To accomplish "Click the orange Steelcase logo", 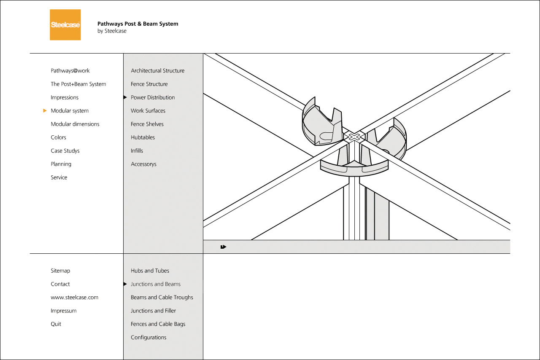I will pos(65,25).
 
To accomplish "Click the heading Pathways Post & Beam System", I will pos(138,24).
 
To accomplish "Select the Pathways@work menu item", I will pos(70,71).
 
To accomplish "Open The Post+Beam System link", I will pos(78,84).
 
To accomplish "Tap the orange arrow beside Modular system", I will pos(45,111).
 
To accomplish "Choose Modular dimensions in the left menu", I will pos(75,124).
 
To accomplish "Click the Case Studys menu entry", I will pos(65,151).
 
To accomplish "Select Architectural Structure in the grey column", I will pos(157,71).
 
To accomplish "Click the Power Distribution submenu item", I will pos(153,97).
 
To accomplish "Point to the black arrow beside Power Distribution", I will pos(125,97).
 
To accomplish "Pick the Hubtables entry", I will pos(143,137).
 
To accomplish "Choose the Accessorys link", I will pos(143,164).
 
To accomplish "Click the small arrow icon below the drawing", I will pos(223,247).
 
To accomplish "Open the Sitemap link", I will pos(60,271).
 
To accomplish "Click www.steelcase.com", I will pos(74,298).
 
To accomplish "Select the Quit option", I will pos(56,324).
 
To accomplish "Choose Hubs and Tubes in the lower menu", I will pos(150,271).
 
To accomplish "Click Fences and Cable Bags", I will pos(158,324).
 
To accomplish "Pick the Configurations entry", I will pos(148,338).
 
